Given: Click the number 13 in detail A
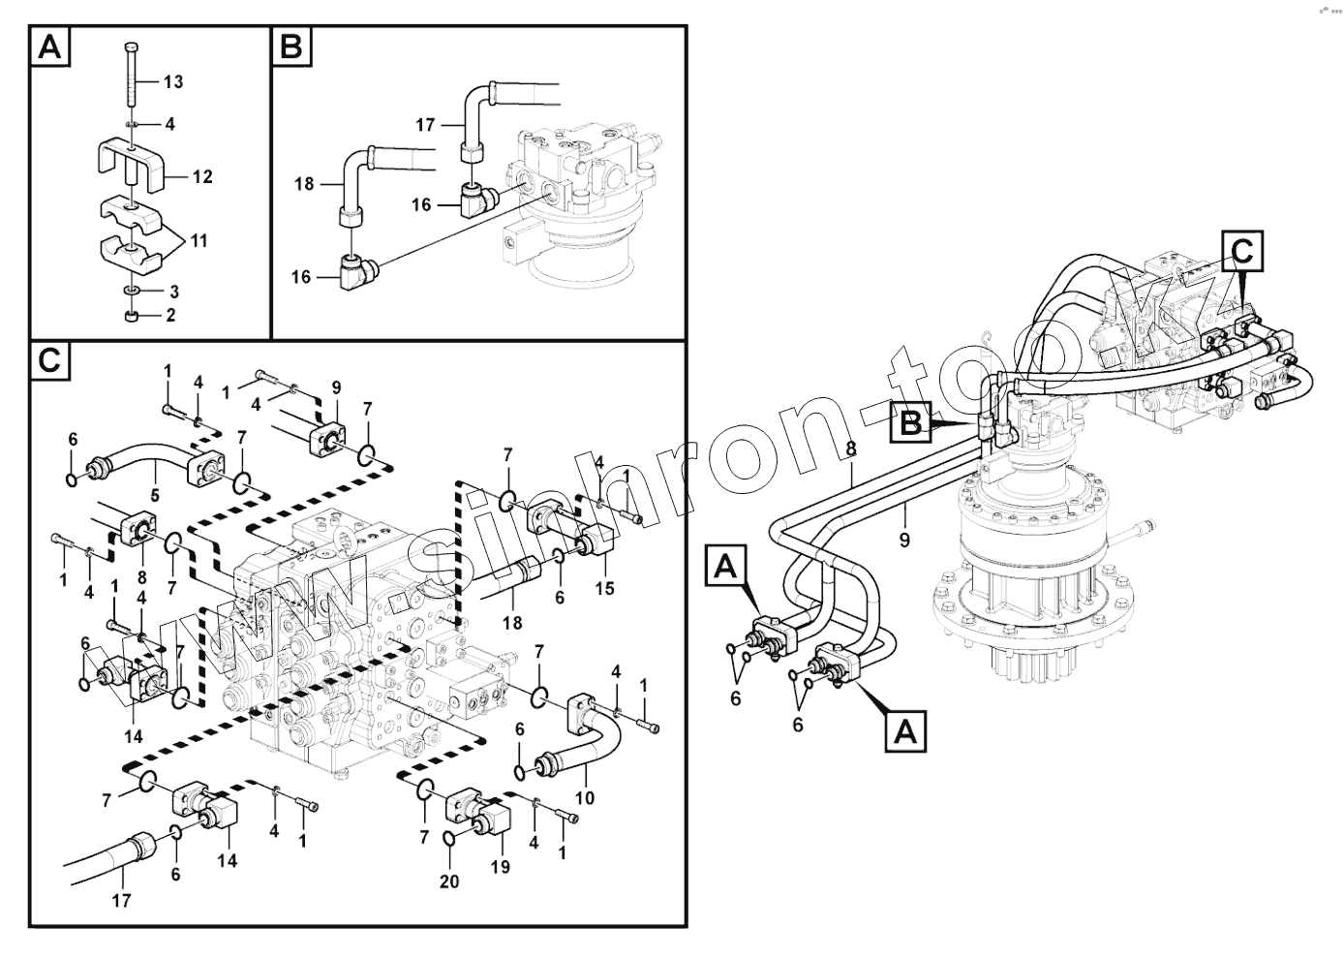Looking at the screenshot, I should tap(172, 82).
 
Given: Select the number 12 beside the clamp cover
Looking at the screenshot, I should tap(201, 177).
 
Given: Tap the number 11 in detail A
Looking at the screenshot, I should tap(198, 240).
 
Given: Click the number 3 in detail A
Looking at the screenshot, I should tap(174, 292).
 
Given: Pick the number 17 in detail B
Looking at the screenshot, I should tap(426, 125).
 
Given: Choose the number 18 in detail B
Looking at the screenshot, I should tap(304, 183).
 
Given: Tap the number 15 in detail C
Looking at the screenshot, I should tap(604, 588).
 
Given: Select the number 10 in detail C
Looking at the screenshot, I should tap(584, 797).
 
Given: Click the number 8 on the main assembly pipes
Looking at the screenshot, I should tap(851, 449).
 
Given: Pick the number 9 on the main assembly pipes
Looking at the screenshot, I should tap(904, 540).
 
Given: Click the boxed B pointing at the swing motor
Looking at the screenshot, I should tap(912, 423).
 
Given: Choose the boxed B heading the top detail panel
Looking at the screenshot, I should tap(291, 46).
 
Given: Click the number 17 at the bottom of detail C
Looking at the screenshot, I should tap(121, 900).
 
